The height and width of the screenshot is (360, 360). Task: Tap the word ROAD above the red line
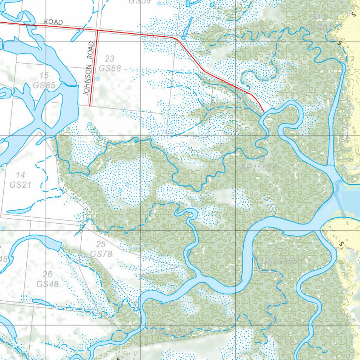(x=53, y=22)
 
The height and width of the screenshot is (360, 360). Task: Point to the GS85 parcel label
(x=44, y=85)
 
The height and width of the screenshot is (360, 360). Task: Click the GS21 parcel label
(x=21, y=185)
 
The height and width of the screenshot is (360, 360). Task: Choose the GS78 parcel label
(x=101, y=254)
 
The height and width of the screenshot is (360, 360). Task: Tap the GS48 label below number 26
(x=47, y=284)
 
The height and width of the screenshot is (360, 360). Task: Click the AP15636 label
(x=259, y=168)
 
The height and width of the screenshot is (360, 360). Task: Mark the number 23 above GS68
(x=110, y=58)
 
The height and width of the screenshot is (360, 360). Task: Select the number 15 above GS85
(x=44, y=75)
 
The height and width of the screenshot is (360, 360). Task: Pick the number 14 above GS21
(x=21, y=175)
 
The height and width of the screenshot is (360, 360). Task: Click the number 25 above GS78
(x=101, y=244)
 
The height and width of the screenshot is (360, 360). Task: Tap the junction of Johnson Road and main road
(x=97, y=31)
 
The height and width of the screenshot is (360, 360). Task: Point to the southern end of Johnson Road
(x=90, y=105)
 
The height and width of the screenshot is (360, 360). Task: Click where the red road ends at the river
(x=263, y=112)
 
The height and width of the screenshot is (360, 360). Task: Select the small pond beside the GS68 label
(x=97, y=78)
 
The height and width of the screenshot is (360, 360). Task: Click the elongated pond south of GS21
(x=18, y=211)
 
